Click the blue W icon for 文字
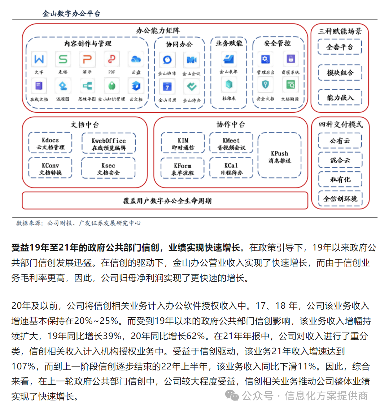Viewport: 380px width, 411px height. [x=39, y=59]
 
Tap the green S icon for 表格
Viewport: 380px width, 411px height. [x=63, y=59]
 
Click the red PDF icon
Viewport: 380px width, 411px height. [x=112, y=59]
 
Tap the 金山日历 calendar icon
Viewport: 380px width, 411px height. [x=167, y=86]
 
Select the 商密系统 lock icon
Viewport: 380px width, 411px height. [x=290, y=59]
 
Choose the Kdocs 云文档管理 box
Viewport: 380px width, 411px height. [x=51, y=144]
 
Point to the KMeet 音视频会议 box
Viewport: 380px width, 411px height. [x=231, y=144]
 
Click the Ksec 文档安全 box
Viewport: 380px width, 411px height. [x=108, y=169]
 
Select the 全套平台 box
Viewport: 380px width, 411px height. [x=340, y=47]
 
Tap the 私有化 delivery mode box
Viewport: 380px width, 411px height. [x=340, y=179]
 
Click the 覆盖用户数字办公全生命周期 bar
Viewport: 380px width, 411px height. [x=165, y=201]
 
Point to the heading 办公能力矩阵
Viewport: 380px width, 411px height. [x=158, y=31]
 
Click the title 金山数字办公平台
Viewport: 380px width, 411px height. [x=71, y=14]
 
